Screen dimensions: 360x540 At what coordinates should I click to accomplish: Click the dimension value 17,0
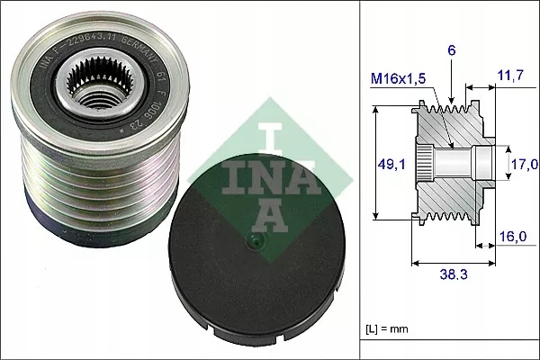525,164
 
